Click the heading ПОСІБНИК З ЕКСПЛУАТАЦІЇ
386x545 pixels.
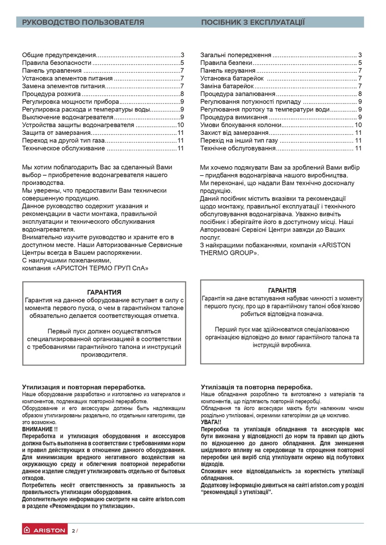tap(253, 22)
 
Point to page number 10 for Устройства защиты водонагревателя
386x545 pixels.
tap(180, 125)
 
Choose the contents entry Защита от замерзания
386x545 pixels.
tap(56, 133)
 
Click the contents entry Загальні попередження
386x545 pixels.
tap(236, 55)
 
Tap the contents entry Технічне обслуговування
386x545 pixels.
tap(238, 148)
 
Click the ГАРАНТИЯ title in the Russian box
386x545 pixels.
tap(104, 292)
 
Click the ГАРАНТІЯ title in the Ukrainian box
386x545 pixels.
tap(282, 290)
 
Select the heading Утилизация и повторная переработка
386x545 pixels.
tap(84, 387)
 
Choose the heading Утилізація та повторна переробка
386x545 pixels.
tap(257, 387)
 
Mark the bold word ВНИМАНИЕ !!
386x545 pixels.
tap(40, 429)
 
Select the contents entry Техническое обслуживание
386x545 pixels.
tap(64, 148)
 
